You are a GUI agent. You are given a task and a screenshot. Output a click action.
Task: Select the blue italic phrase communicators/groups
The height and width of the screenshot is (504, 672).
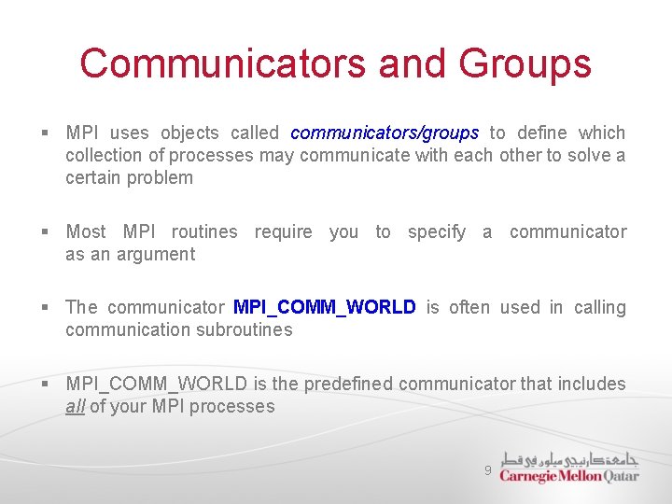pyautogui.click(x=385, y=133)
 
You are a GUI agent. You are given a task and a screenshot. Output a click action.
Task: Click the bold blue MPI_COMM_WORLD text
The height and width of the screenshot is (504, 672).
pyautogui.click(x=324, y=307)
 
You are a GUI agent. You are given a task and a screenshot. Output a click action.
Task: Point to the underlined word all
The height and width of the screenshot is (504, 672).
pyautogui.click(x=75, y=406)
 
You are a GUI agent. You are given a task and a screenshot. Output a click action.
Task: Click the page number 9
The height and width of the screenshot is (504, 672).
pyautogui.click(x=487, y=471)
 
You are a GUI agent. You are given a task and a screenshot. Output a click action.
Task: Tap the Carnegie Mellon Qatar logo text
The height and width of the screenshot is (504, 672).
pyautogui.click(x=569, y=476)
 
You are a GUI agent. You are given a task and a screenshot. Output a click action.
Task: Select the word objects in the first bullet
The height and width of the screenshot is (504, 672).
pyautogui.click(x=189, y=133)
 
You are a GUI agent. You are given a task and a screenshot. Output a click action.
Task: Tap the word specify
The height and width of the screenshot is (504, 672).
pyautogui.click(x=436, y=231)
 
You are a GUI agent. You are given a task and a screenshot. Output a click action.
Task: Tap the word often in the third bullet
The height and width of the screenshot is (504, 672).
pyautogui.click(x=469, y=307)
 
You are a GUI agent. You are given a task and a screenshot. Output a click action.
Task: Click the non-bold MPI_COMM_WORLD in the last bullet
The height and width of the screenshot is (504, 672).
pyautogui.click(x=157, y=384)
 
